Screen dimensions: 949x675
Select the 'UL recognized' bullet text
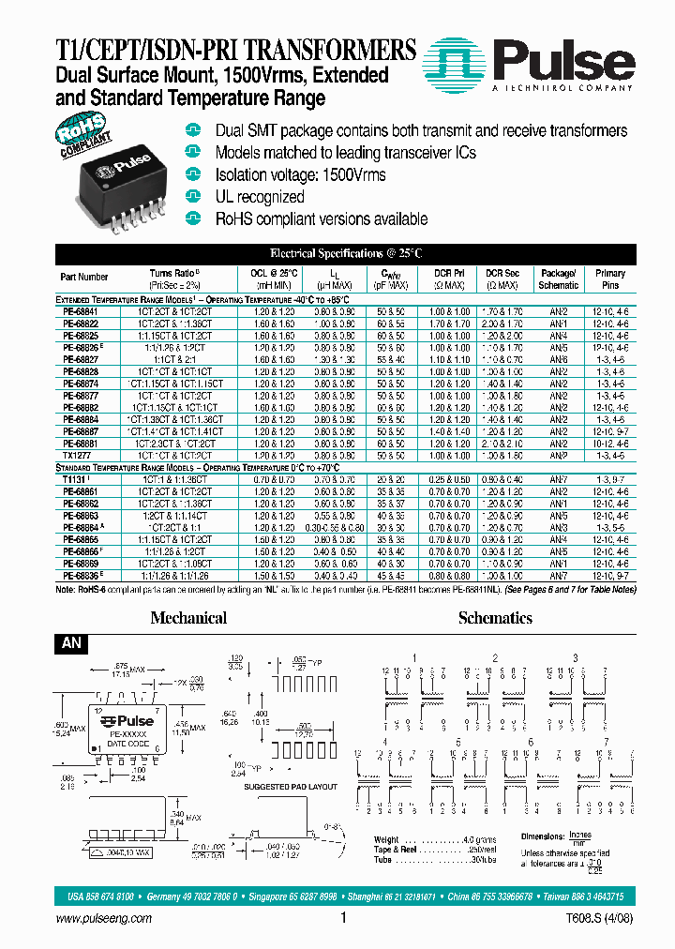point(260,197)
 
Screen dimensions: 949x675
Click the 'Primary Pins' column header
point(610,279)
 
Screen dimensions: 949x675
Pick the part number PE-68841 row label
point(80,310)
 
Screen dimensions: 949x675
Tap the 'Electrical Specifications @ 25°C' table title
point(346,253)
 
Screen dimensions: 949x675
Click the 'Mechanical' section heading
point(188,618)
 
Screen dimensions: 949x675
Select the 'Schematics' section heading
point(495,618)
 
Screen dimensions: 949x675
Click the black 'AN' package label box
point(72,644)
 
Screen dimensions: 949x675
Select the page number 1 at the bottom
point(344,920)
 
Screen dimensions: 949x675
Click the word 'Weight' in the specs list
point(387,839)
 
